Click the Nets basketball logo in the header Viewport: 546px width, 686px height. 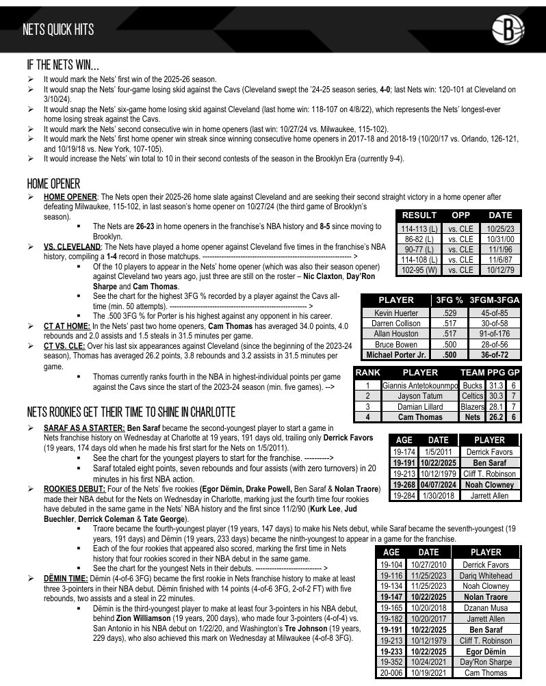click(x=508, y=29)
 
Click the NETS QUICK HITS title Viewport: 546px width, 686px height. click(x=58, y=29)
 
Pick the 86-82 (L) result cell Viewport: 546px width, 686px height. click(x=418, y=239)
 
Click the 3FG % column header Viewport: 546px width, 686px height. click(x=450, y=300)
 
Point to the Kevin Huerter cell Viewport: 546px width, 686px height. click(x=395, y=313)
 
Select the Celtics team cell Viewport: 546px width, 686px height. click(x=472, y=396)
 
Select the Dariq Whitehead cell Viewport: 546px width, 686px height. click(x=486, y=576)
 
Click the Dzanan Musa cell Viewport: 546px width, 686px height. click(x=486, y=608)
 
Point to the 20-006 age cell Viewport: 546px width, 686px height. click(x=391, y=672)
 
